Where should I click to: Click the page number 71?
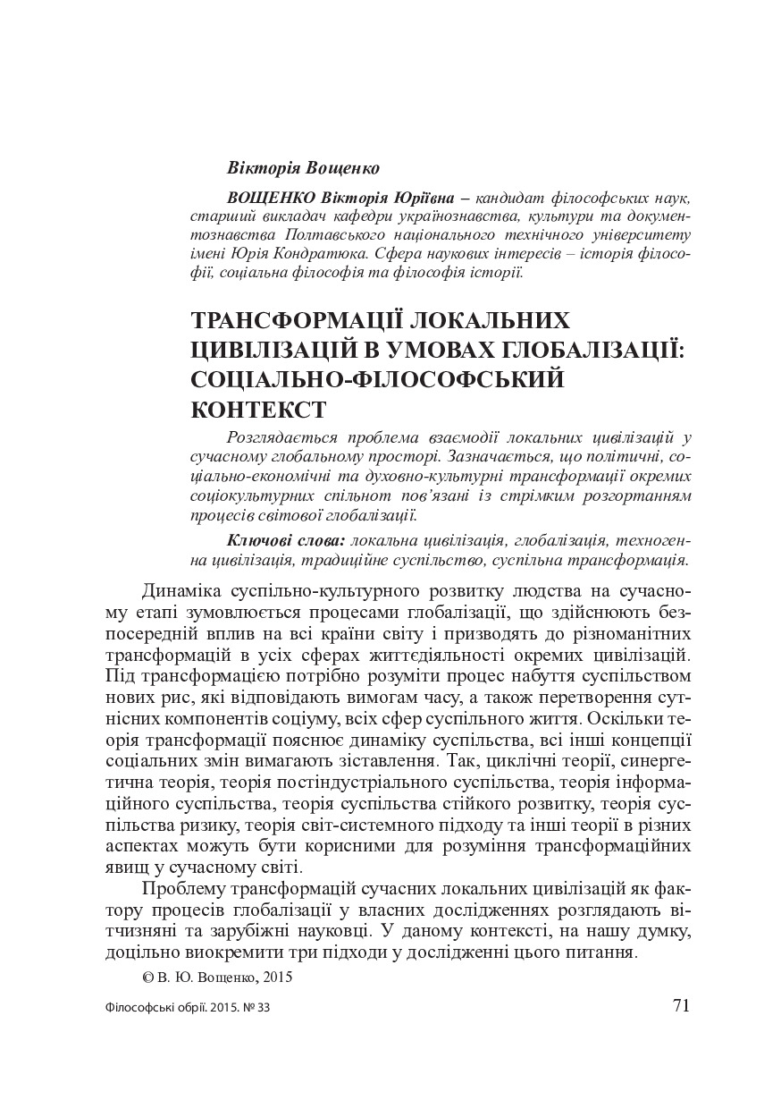coord(681,1004)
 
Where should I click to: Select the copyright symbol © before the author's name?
coord(147,978)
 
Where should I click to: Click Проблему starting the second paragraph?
coord(183,890)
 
